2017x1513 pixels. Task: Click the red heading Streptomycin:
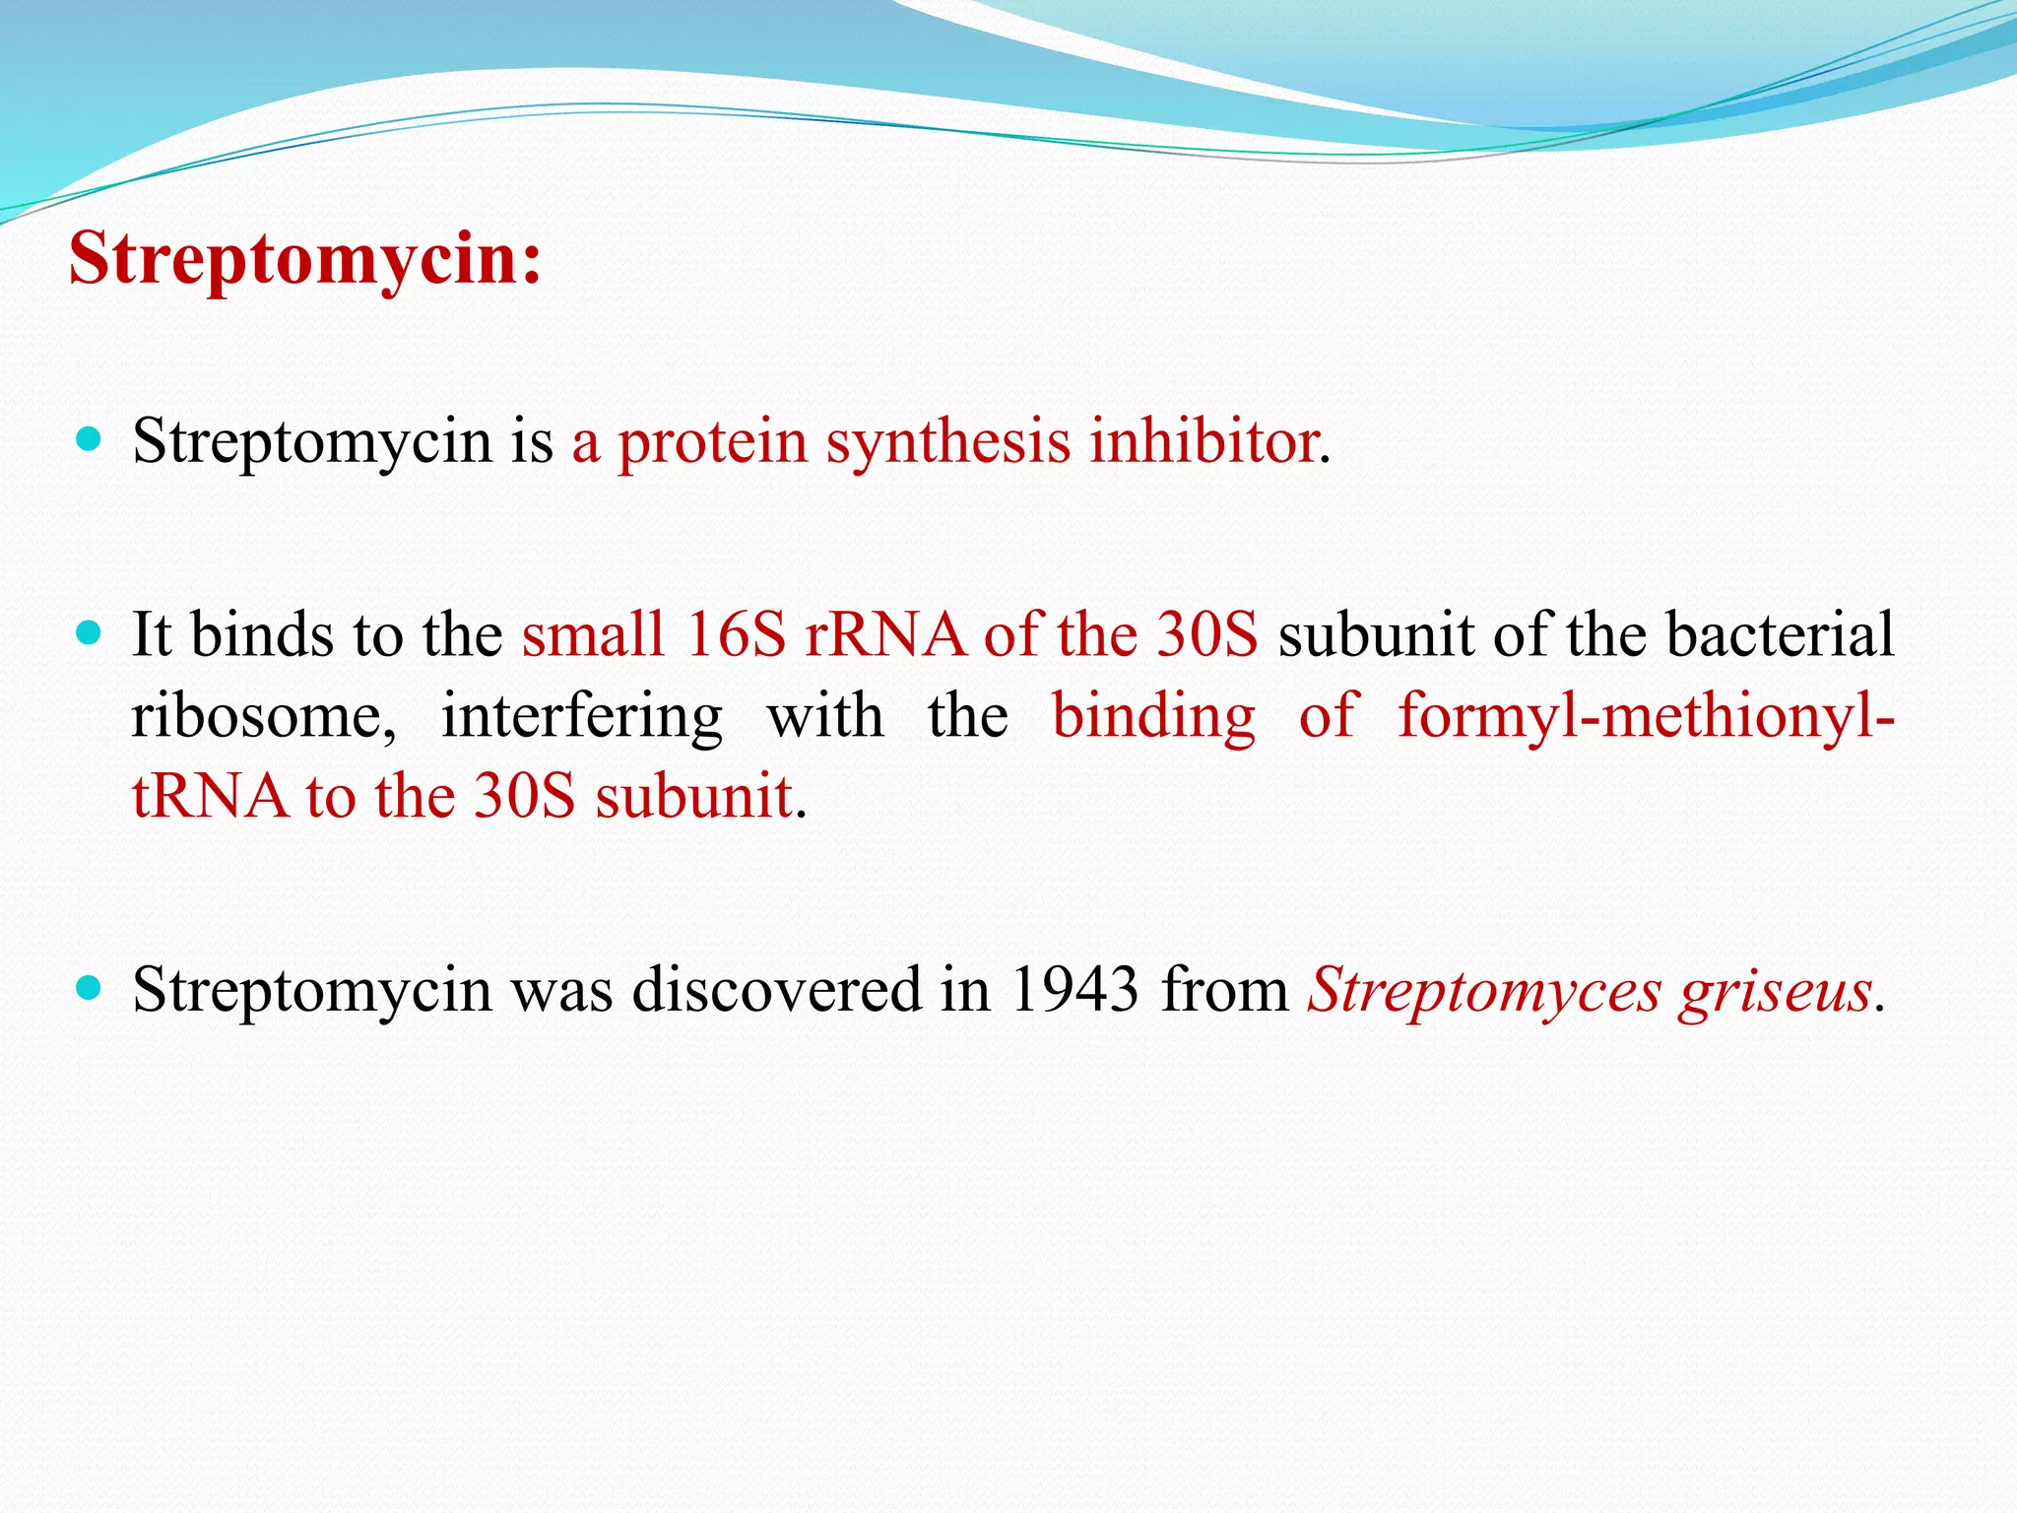click(305, 259)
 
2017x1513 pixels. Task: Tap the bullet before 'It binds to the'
click(89, 632)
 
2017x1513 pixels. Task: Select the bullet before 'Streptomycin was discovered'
click(89, 987)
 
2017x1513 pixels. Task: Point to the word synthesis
click(947, 443)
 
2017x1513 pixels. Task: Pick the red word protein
click(712, 443)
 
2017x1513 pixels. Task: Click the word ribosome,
click(264, 716)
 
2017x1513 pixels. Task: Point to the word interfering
click(581, 716)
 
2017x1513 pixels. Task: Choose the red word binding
click(1153, 716)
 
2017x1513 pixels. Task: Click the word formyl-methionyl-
click(1646, 716)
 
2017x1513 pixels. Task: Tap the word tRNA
click(210, 796)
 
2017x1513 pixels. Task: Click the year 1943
click(1074, 989)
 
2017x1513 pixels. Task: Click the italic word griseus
click(1776, 991)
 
